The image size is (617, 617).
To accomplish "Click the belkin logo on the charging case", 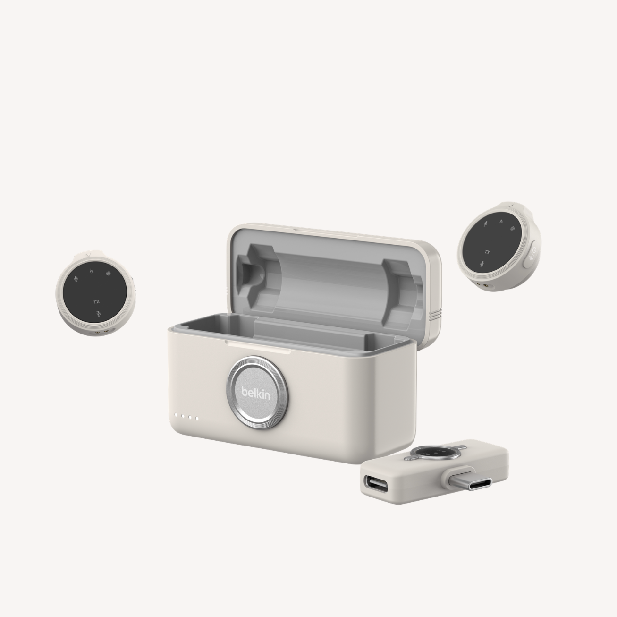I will pos(256,393).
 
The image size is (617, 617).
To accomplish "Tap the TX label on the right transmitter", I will pos(488,252).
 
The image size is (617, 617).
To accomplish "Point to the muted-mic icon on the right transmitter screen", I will pos(482,264).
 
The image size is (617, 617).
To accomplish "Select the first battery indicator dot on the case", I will pos(176,416).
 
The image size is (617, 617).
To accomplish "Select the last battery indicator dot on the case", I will pos(197,418).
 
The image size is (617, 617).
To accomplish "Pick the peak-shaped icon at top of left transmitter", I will pos(91,271).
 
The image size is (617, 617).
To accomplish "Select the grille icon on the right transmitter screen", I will pos(513,228).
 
